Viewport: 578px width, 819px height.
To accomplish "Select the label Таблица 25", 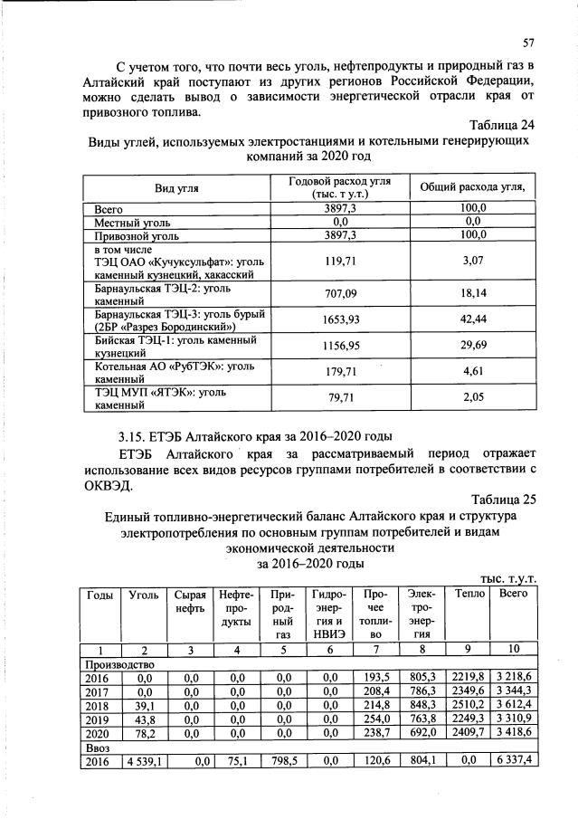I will [x=499, y=499].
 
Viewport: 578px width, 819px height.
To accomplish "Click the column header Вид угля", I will [x=177, y=187].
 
